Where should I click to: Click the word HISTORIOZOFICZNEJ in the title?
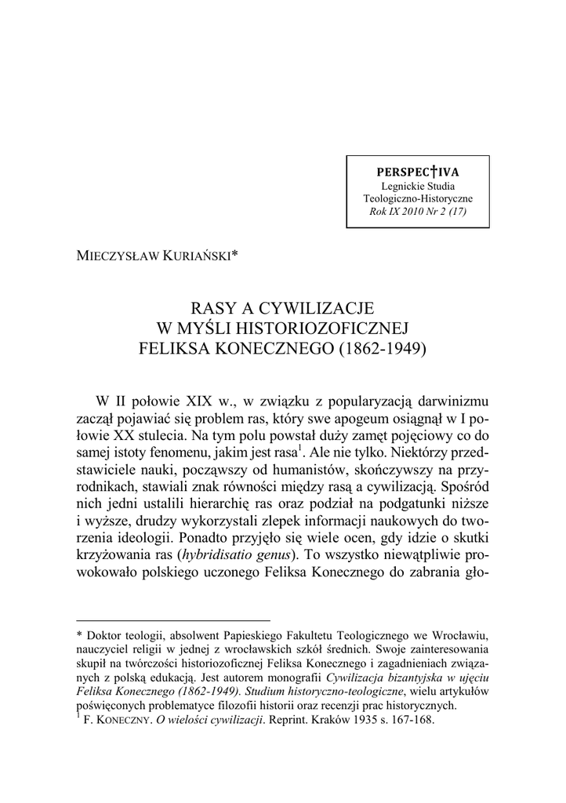[318, 327]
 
